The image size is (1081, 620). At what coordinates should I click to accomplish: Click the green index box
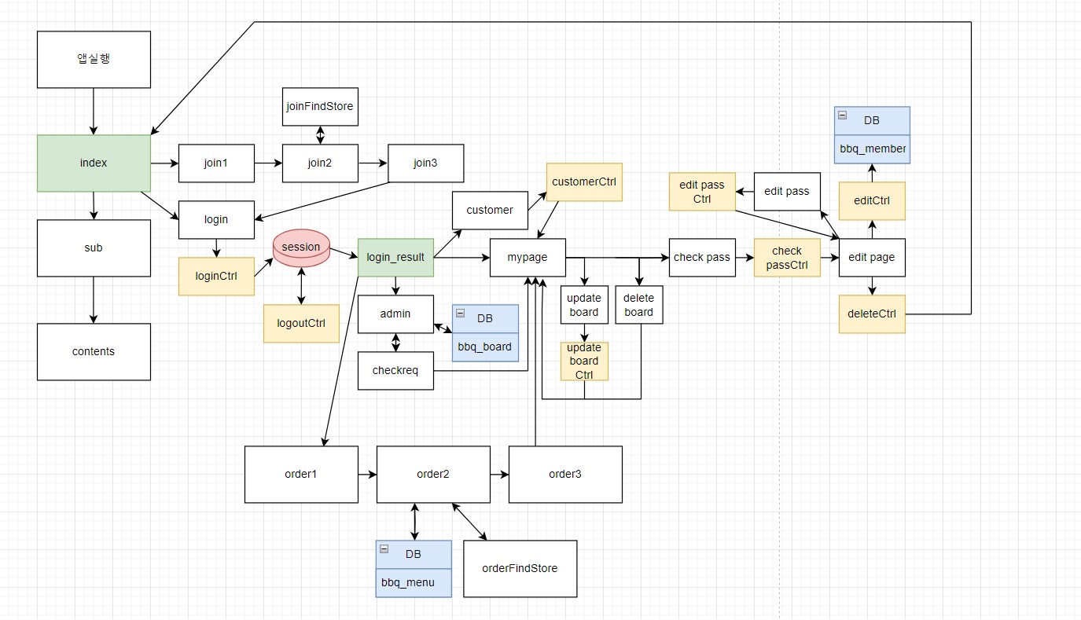pos(94,163)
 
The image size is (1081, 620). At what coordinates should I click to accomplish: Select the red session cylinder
pos(301,247)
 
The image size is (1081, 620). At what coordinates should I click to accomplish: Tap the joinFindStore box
pos(320,107)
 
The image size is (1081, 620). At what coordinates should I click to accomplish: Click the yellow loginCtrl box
pos(216,277)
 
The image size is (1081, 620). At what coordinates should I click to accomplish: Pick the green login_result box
pos(395,258)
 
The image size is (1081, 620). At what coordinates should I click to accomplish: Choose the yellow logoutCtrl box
pos(301,324)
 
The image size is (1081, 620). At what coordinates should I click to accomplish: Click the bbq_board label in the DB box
pos(485,347)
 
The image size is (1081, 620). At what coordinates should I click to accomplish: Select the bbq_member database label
pos(872,149)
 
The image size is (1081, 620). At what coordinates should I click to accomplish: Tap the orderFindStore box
pos(520,568)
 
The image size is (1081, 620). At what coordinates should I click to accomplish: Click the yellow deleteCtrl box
pos(872,314)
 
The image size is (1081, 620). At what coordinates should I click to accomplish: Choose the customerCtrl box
pos(584,182)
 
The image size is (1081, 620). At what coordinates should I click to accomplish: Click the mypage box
pos(528,258)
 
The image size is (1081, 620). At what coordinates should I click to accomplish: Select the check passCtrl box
pos(787,258)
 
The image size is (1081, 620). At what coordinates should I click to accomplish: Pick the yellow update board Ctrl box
pos(584,361)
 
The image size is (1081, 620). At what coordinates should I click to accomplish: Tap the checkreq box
pos(395,371)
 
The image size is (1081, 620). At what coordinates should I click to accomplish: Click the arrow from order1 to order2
pos(367,475)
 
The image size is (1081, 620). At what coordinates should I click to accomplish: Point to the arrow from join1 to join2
pos(268,163)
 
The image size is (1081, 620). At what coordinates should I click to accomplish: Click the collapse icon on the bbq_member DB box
pos(842,115)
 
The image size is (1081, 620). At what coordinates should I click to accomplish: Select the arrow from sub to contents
pos(94,299)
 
